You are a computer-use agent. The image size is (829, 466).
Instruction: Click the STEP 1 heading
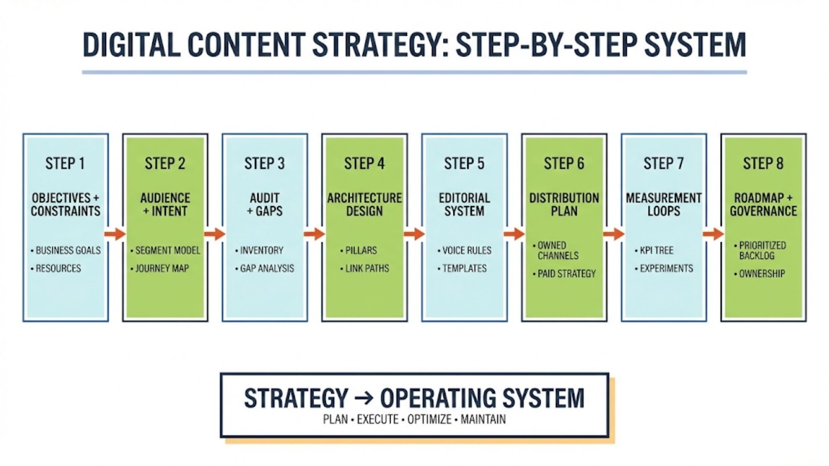(x=65, y=164)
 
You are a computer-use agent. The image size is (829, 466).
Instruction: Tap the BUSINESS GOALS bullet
(x=68, y=251)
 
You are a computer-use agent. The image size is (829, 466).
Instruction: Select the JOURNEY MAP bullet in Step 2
(x=162, y=269)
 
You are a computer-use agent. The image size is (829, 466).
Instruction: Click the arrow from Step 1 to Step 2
(x=115, y=235)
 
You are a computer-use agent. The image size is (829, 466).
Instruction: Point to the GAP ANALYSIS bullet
(x=267, y=269)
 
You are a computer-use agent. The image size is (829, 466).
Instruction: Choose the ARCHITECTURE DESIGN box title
(x=364, y=205)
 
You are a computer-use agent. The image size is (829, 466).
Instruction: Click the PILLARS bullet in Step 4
(x=361, y=251)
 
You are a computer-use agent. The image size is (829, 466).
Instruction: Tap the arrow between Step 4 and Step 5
(x=414, y=235)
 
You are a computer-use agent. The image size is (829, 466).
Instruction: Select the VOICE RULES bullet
(x=466, y=251)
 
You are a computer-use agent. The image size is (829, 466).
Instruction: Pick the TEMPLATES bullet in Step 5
(x=464, y=269)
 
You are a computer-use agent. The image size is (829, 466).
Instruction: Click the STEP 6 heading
(x=564, y=164)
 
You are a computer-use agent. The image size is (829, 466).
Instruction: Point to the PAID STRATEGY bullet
(x=566, y=274)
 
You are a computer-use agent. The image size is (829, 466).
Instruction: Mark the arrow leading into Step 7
(x=613, y=235)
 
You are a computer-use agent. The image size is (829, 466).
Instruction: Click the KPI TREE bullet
(x=656, y=251)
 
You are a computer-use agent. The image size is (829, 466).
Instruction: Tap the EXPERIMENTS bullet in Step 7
(x=666, y=269)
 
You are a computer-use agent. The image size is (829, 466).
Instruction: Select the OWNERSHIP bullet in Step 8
(x=762, y=274)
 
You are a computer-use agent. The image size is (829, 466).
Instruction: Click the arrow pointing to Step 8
(x=713, y=235)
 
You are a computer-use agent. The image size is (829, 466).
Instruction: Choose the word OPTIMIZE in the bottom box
(x=429, y=419)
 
